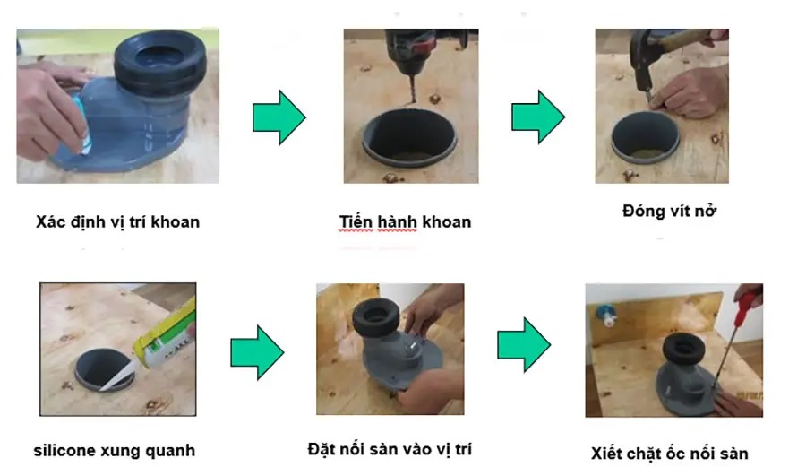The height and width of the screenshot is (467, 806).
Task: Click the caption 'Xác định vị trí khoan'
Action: pos(117,222)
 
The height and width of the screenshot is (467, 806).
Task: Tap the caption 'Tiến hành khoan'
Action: pos(405,221)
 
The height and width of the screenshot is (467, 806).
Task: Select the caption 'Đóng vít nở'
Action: pos(669,211)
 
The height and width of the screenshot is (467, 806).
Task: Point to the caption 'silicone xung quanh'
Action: pos(115,451)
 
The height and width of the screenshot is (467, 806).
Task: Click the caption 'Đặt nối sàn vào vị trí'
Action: pos(390,449)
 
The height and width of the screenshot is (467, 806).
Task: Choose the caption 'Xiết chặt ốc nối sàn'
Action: pos(669,454)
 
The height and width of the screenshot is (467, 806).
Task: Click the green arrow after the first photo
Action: pos(279,117)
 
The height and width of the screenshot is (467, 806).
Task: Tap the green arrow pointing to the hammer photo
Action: pos(538,117)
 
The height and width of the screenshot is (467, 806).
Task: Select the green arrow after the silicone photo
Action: pos(257,352)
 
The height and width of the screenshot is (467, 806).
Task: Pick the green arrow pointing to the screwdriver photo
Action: pos(524,344)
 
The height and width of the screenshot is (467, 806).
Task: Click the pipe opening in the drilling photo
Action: pos(409,136)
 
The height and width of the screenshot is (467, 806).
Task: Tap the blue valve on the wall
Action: pos(605,316)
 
